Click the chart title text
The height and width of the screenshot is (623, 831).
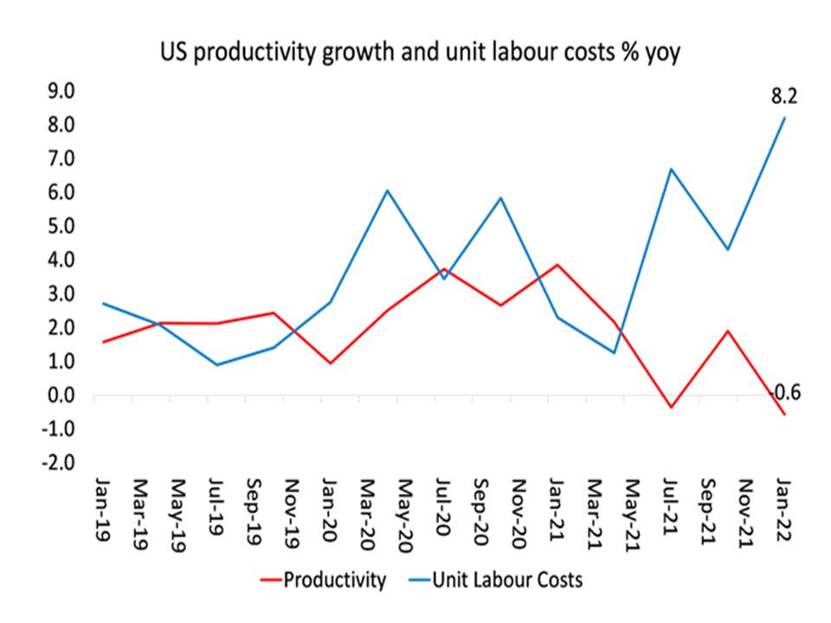415,55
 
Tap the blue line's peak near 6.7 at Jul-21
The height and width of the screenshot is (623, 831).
671,169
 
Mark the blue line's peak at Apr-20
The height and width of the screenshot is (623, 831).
387,190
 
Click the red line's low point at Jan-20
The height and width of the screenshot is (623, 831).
330,363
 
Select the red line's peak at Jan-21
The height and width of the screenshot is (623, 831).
557,265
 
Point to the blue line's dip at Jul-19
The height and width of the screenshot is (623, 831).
216,365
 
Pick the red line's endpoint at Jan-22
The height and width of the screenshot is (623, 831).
785,415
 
